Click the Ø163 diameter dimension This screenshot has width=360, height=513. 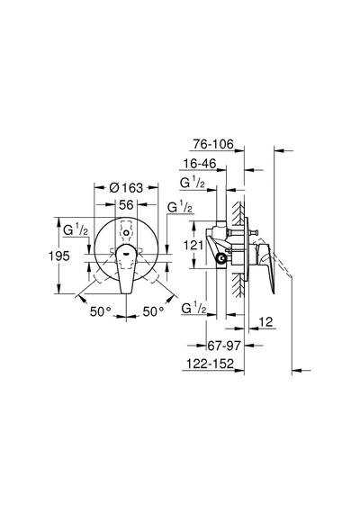coord(126,188)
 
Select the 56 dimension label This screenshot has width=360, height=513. coord(126,205)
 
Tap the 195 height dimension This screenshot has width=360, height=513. coord(59,256)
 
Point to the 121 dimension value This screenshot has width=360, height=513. coord(193,245)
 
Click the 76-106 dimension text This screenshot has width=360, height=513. coord(213,144)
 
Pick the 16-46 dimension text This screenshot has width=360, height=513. coord(200,164)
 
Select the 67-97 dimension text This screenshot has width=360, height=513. coord(224,346)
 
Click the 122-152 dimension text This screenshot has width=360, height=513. coord(210,364)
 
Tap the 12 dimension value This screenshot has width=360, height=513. coord(266,322)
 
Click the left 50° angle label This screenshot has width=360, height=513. coord(101,311)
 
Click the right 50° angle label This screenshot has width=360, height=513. coord(154,311)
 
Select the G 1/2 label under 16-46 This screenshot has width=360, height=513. coord(193,183)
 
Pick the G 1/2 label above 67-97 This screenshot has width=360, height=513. coord(194,309)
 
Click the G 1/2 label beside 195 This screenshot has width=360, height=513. coord(76,230)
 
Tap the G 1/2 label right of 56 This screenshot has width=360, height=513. coord(180,207)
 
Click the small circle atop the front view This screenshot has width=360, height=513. coord(126,233)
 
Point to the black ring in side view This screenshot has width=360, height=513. coord(222,258)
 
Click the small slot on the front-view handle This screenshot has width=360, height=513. coord(126,252)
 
